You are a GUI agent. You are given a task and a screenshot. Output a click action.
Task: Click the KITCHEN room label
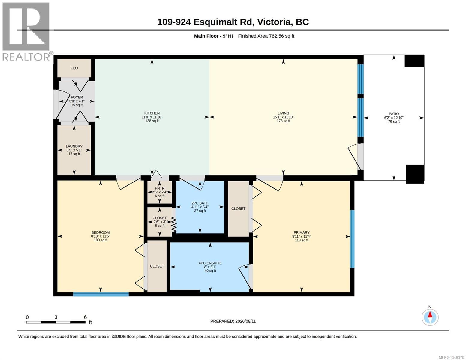tap(152, 113)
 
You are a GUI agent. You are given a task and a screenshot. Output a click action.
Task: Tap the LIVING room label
tap(283, 113)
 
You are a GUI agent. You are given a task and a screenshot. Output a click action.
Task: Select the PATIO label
tap(394, 114)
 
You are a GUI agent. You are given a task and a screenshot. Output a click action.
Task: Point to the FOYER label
tap(77, 97)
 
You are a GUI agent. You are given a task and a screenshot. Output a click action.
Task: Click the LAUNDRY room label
tap(74, 146)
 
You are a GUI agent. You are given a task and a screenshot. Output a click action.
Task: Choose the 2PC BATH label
tap(200, 203)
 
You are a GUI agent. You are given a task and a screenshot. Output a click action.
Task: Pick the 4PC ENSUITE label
tap(210, 263)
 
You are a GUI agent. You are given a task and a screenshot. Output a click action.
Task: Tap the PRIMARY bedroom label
tap(302, 232)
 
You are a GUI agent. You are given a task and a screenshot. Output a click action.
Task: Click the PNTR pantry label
tap(160, 188)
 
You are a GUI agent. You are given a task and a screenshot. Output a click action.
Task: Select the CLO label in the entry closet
tap(74, 68)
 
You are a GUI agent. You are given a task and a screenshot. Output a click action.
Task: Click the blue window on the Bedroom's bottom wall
tap(101, 294)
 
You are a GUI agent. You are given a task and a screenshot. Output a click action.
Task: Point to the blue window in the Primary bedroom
tap(352, 239)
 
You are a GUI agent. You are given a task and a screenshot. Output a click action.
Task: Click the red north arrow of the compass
tap(430, 314)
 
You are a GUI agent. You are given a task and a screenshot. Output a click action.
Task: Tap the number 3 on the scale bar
tap(56, 317)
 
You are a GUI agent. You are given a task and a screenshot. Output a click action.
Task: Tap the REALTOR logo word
tap(26, 57)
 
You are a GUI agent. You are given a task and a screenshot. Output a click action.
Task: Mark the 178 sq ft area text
tap(283, 121)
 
